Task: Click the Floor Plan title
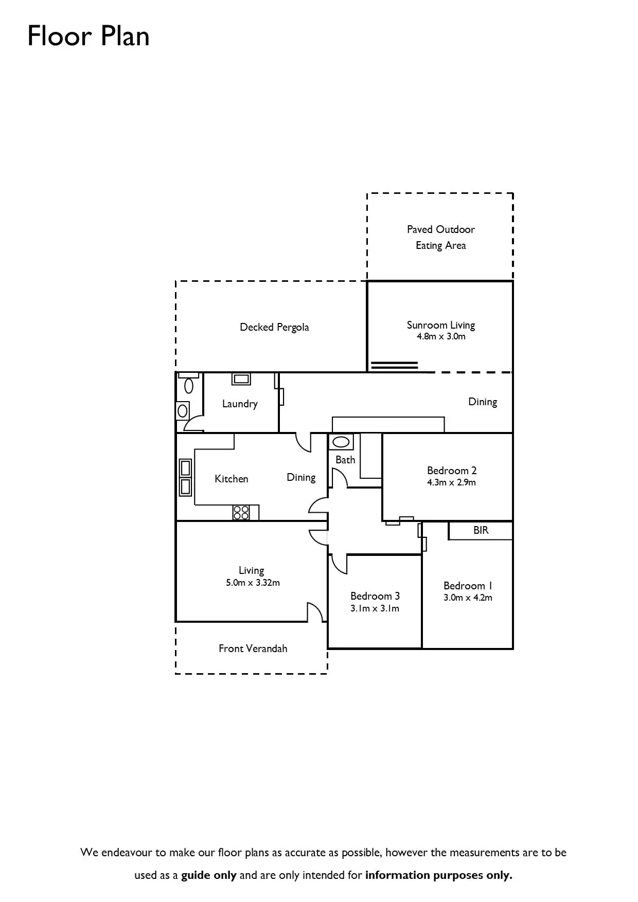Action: click(x=88, y=36)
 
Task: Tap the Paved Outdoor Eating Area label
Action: click(x=440, y=237)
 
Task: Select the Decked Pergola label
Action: click(x=274, y=327)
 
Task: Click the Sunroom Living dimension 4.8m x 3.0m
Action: click(x=441, y=337)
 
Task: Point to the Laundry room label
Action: click(x=240, y=404)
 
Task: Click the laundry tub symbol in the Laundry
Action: click(x=241, y=380)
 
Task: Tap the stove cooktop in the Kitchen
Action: click(x=241, y=512)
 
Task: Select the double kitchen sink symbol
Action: click(x=185, y=477)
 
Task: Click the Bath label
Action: click(x=345, y=460)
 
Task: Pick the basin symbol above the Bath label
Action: click(x=341, y=442)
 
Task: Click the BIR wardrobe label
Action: click(x=481, y=530)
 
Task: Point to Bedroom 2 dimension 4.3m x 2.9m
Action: click(x=451, y=482)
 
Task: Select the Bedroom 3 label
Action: click(x=375, y=596)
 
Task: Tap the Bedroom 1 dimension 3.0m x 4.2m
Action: click(x=468, y=598)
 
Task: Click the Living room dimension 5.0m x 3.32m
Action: click(x=253, y=583)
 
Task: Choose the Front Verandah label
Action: click(x=253, y=648)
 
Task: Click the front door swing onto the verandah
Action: click(x=314, y=612)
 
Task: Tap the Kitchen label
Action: click(x=231, y=479)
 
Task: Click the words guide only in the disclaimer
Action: click(x=208, y=875)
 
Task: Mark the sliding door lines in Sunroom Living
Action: click(x=395, y=366)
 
